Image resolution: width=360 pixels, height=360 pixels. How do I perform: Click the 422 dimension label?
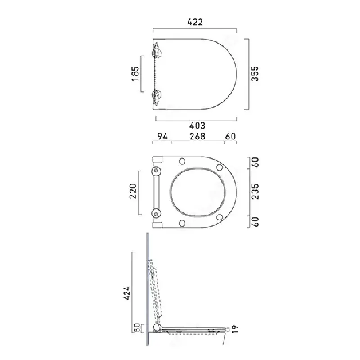click(x=195, y=22)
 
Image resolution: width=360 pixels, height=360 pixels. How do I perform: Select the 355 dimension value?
click(x=255, y=74)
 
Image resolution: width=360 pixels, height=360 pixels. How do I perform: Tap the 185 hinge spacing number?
click(x=135, y=73)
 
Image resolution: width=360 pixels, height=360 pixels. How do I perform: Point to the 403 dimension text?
click(x=197, y=126)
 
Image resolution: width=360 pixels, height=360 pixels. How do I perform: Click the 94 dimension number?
click(x=162, y=136)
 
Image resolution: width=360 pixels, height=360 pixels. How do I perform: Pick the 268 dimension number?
click(x=197, y=136)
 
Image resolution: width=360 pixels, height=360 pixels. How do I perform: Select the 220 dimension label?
click(x=133, y=191)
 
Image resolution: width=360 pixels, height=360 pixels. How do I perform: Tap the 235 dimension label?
click(x=255, y=192)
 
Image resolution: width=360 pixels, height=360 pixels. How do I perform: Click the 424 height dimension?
click(x=127, y=293)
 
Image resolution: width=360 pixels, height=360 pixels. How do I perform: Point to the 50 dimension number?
click(x=137, y=328)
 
